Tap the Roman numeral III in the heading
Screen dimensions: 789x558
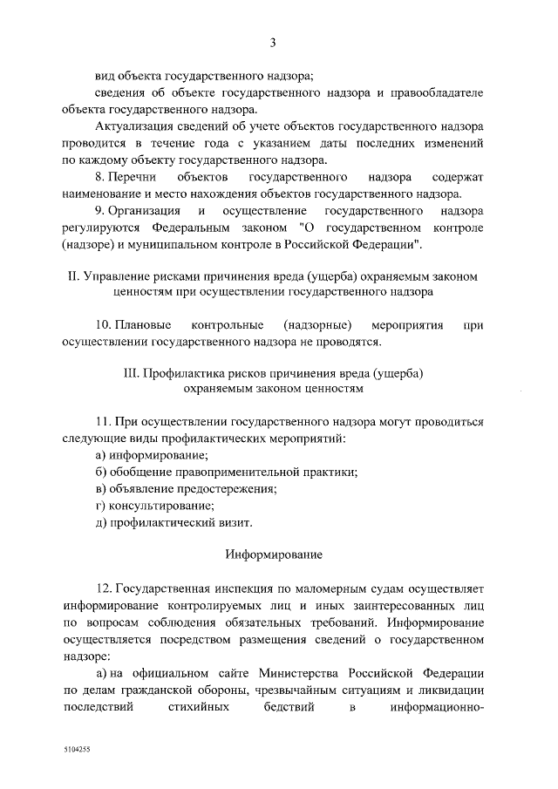[x=133, y=373]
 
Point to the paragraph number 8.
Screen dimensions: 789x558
[x=99, y=177]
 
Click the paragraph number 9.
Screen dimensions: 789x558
[x=99, y=211]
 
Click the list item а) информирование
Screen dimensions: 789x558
[x=152, y=455]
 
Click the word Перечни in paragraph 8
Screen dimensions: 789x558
[x=132, y=177]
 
